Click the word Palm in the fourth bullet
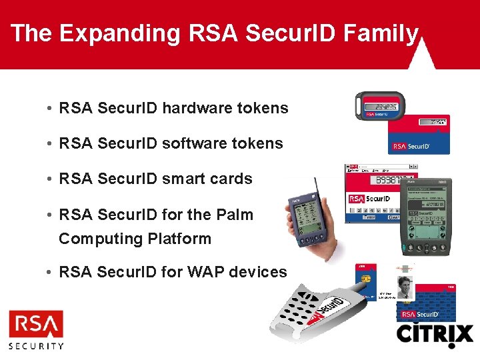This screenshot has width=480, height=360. point(235,215)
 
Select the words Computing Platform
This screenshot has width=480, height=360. point(135,239)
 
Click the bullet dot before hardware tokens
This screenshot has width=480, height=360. point(51,109)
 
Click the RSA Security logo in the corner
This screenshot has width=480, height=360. point(36,329)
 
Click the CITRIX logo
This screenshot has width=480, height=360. point(435,335)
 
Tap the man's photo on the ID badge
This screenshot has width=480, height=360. point(406,287)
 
